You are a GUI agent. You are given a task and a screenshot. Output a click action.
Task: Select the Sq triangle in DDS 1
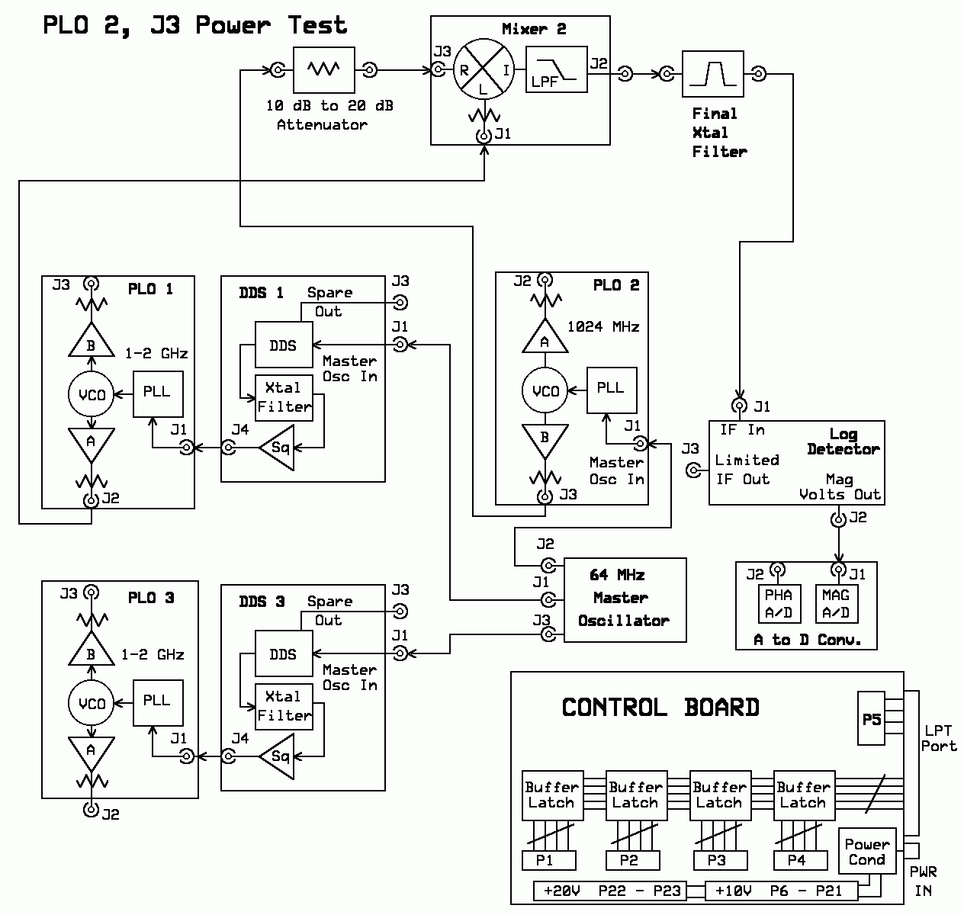277,448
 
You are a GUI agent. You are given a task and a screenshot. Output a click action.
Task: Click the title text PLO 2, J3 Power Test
194,25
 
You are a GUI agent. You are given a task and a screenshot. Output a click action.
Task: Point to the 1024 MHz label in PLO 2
603,326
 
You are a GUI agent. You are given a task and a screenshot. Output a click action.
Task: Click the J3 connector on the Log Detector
693,470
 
